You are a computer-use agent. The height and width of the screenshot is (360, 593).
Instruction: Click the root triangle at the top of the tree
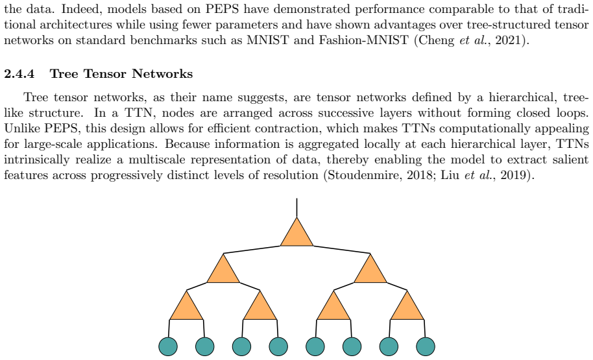pyautogui.click(x=297, y=234)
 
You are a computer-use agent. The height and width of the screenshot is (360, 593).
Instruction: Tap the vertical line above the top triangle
pyautogui.click(x=297, y=208)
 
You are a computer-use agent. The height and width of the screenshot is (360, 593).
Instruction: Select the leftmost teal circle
pyautogui.click(x=168, y=346)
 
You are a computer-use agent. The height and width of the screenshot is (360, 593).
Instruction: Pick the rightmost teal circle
pyautogui.click(x=426, y=346)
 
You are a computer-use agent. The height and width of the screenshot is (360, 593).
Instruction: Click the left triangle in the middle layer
pyautogui.click(x=223, y=271)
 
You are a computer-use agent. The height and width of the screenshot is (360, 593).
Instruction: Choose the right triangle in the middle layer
pyautogui.click(x=370, y=271)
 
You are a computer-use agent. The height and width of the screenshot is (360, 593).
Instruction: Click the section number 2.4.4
pyautogui.click(x=19, y=73)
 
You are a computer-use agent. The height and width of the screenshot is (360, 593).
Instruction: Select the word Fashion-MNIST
pyautogui.click(x=363, y=40)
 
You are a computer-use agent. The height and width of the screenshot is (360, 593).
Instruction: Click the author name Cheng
pyautogui.click(x=437, y=40)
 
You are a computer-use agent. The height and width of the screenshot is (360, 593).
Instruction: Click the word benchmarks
pyautogui.click(x=163, y=40)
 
